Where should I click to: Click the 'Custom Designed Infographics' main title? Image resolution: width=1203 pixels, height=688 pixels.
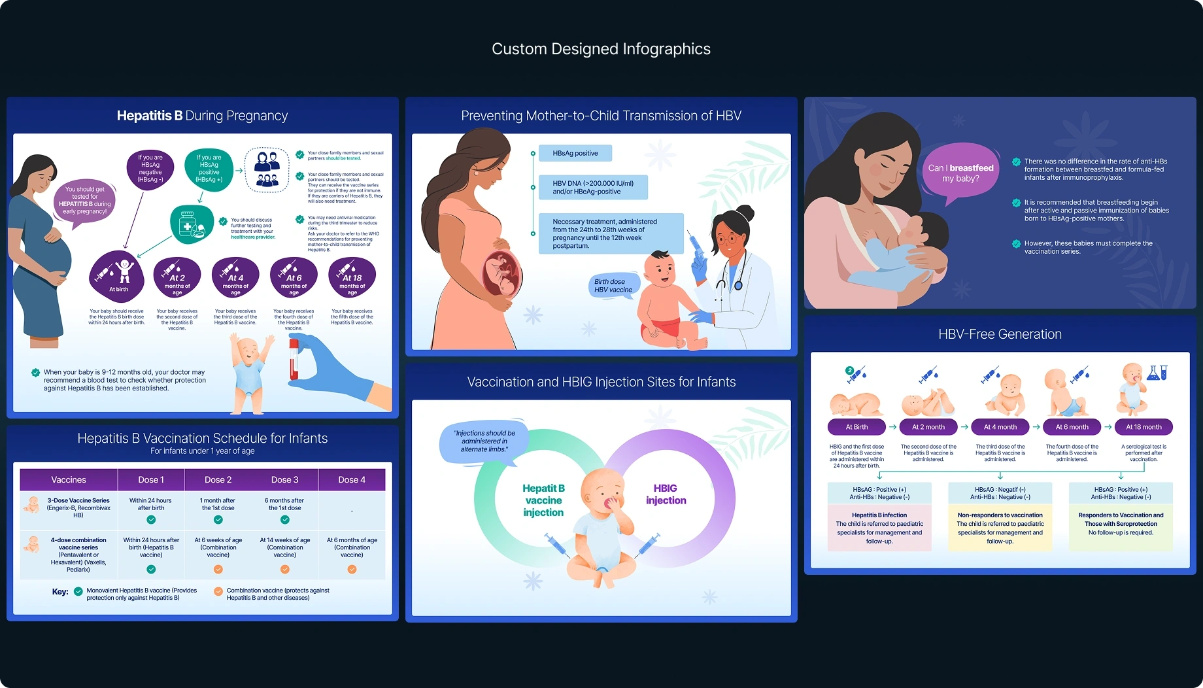point(601,49)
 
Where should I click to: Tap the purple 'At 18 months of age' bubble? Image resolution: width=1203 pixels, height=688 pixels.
point(352,277)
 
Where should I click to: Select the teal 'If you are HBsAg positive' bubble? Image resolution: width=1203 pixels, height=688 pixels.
point(209,169)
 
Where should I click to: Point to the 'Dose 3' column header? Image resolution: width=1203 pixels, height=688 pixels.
point(284,479)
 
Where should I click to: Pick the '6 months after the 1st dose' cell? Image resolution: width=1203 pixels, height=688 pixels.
point(284,504)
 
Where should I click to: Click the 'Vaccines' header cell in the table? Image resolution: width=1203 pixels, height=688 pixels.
point(69,479)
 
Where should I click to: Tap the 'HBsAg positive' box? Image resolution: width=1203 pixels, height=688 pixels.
point(575,153)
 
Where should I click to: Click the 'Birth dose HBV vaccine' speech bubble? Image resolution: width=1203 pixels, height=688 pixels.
point(613,286)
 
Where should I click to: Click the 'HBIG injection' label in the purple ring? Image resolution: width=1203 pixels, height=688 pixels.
point(666,494)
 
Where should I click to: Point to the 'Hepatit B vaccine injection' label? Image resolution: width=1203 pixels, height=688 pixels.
point(543,500)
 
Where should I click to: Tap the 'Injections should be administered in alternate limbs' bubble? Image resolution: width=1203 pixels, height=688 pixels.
point(484,441)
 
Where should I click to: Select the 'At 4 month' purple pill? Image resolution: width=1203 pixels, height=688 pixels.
point(1000,427)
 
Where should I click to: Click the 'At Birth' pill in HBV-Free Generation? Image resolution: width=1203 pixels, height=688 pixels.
point(856,427)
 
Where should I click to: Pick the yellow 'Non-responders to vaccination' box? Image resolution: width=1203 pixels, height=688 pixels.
point(1000,527)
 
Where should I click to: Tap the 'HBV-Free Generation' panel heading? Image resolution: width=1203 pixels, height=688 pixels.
point(1000,334)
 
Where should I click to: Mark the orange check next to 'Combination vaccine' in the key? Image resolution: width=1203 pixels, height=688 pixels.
point(218,591)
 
